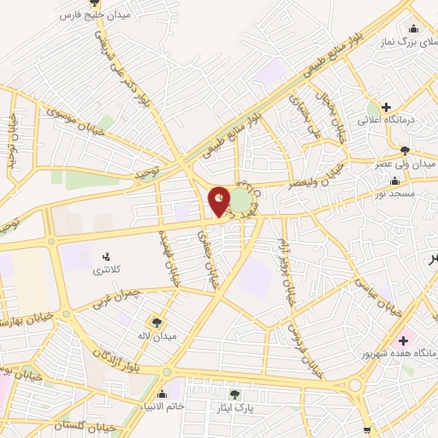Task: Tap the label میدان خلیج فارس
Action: tap(94, 15)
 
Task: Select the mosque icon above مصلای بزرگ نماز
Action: tap(414, 27)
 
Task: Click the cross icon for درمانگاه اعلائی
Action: tap(387, 107)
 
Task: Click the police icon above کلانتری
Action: tap(107, 257)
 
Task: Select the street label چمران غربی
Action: tap(119, 299)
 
